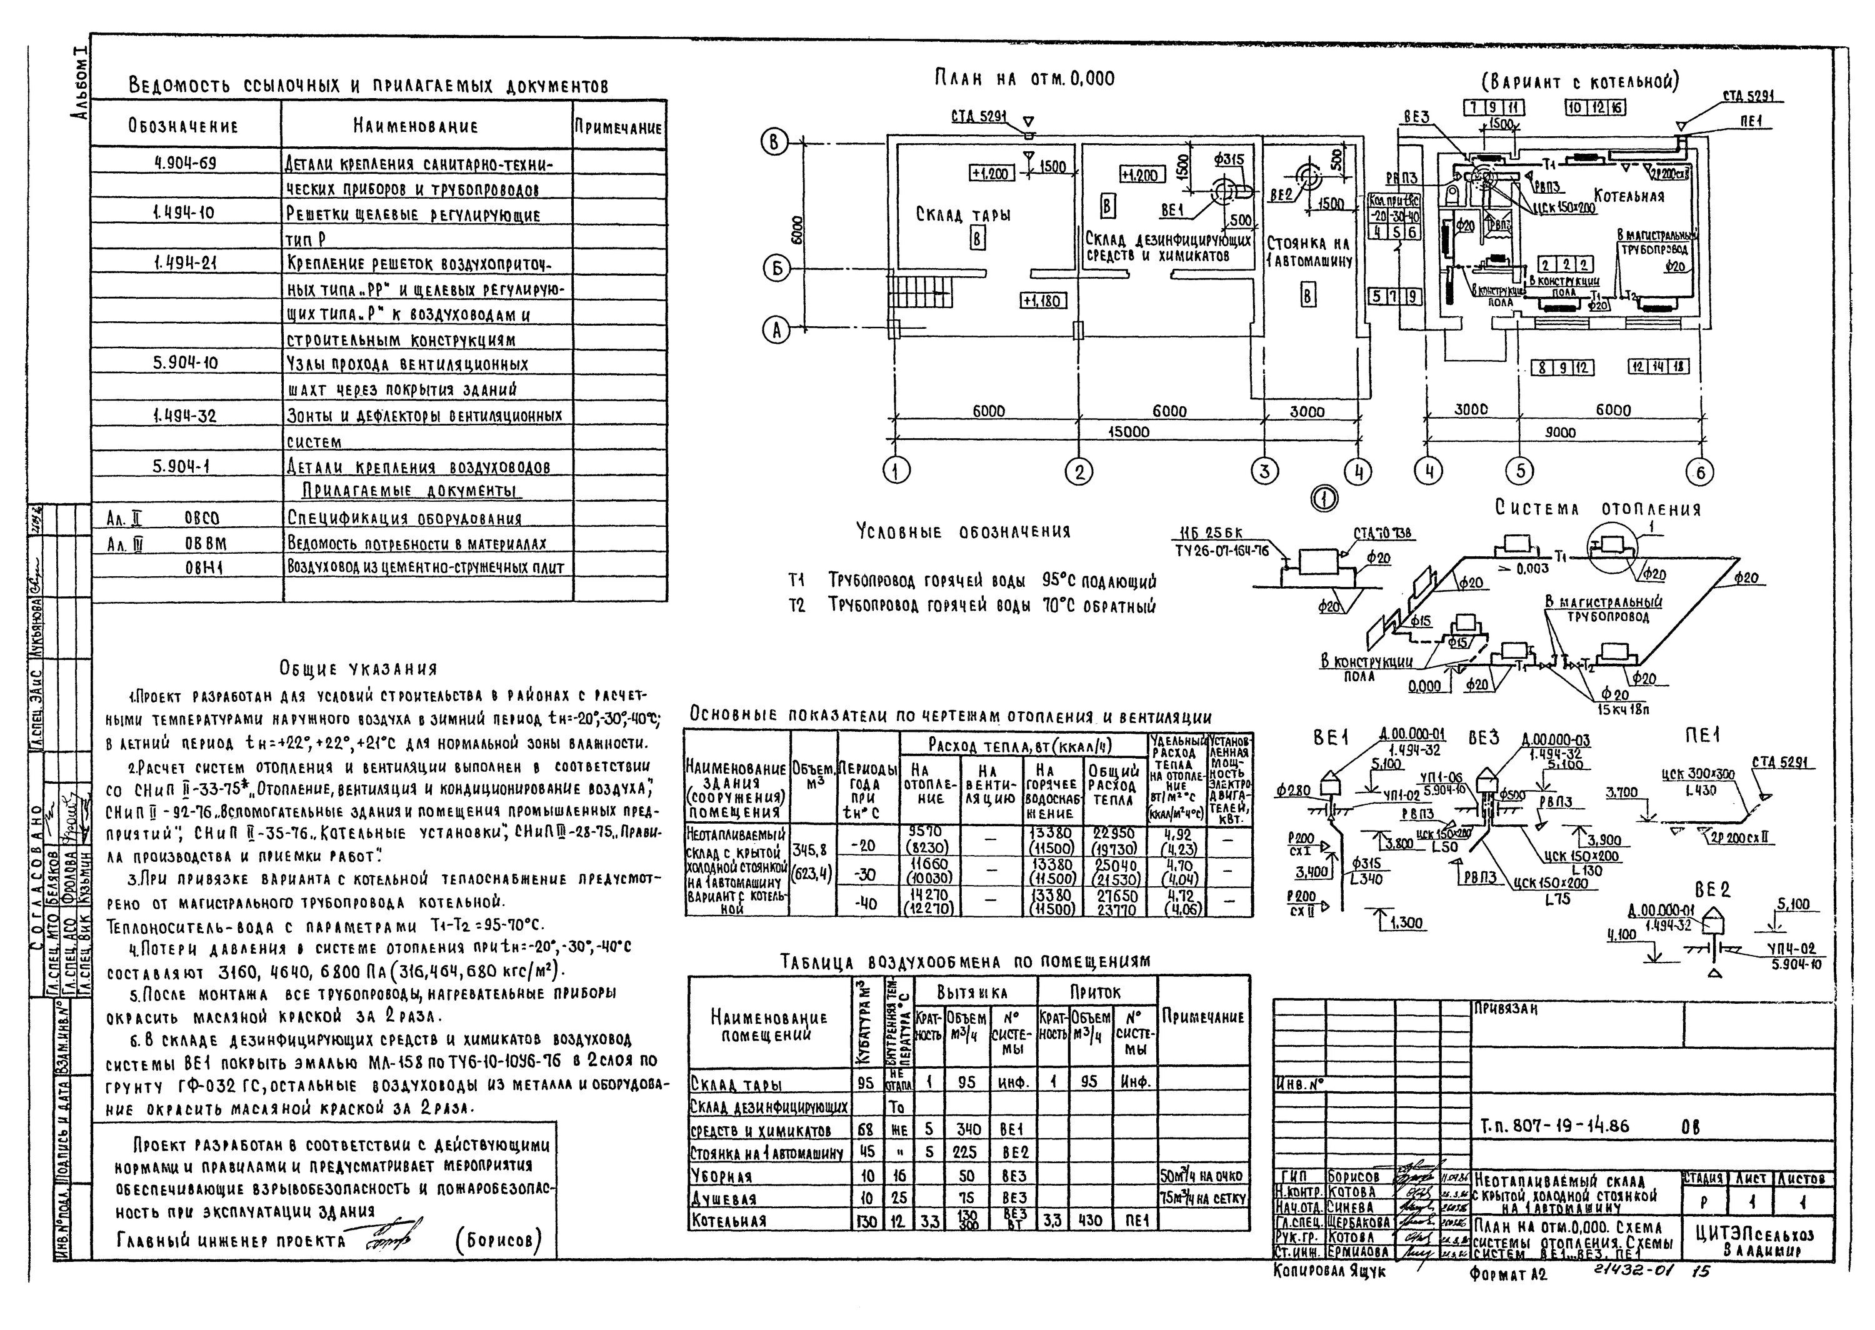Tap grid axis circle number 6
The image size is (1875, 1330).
pyautogui.click(x=1700, y=472)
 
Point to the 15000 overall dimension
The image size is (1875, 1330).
pyautogui.click(x=1128, y=432)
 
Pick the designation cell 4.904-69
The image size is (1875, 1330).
pyautogui.click(x=185, y=163)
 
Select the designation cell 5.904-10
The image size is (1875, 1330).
pyautogui.click(x=185, y=362)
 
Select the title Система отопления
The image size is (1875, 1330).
pyautogui.click(x=1597, y=509)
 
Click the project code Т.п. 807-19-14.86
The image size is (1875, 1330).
pyautogui.click(x=1554, y=1127)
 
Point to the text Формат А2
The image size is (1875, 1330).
pyautogui.click(x=1507, y=1275)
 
